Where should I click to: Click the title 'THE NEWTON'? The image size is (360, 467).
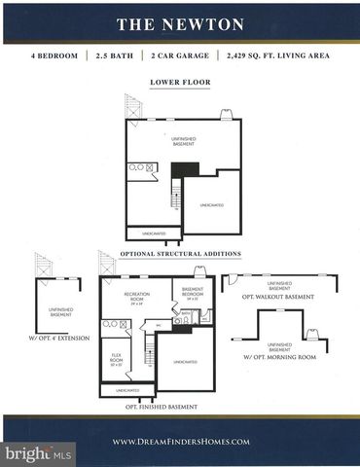click(180, 23)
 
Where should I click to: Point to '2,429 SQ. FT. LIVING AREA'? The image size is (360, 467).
click(276, 57)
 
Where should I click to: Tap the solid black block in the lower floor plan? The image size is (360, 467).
click(178, 170)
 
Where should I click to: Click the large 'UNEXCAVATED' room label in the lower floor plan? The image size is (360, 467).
click(212, 205)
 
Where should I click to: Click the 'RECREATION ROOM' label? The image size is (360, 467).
click(135, 296)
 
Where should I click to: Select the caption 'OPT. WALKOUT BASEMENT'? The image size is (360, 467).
click(278, 297)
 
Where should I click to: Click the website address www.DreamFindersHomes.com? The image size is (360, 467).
click(181, 441)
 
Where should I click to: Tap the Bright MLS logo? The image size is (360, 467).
click(40, 453)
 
